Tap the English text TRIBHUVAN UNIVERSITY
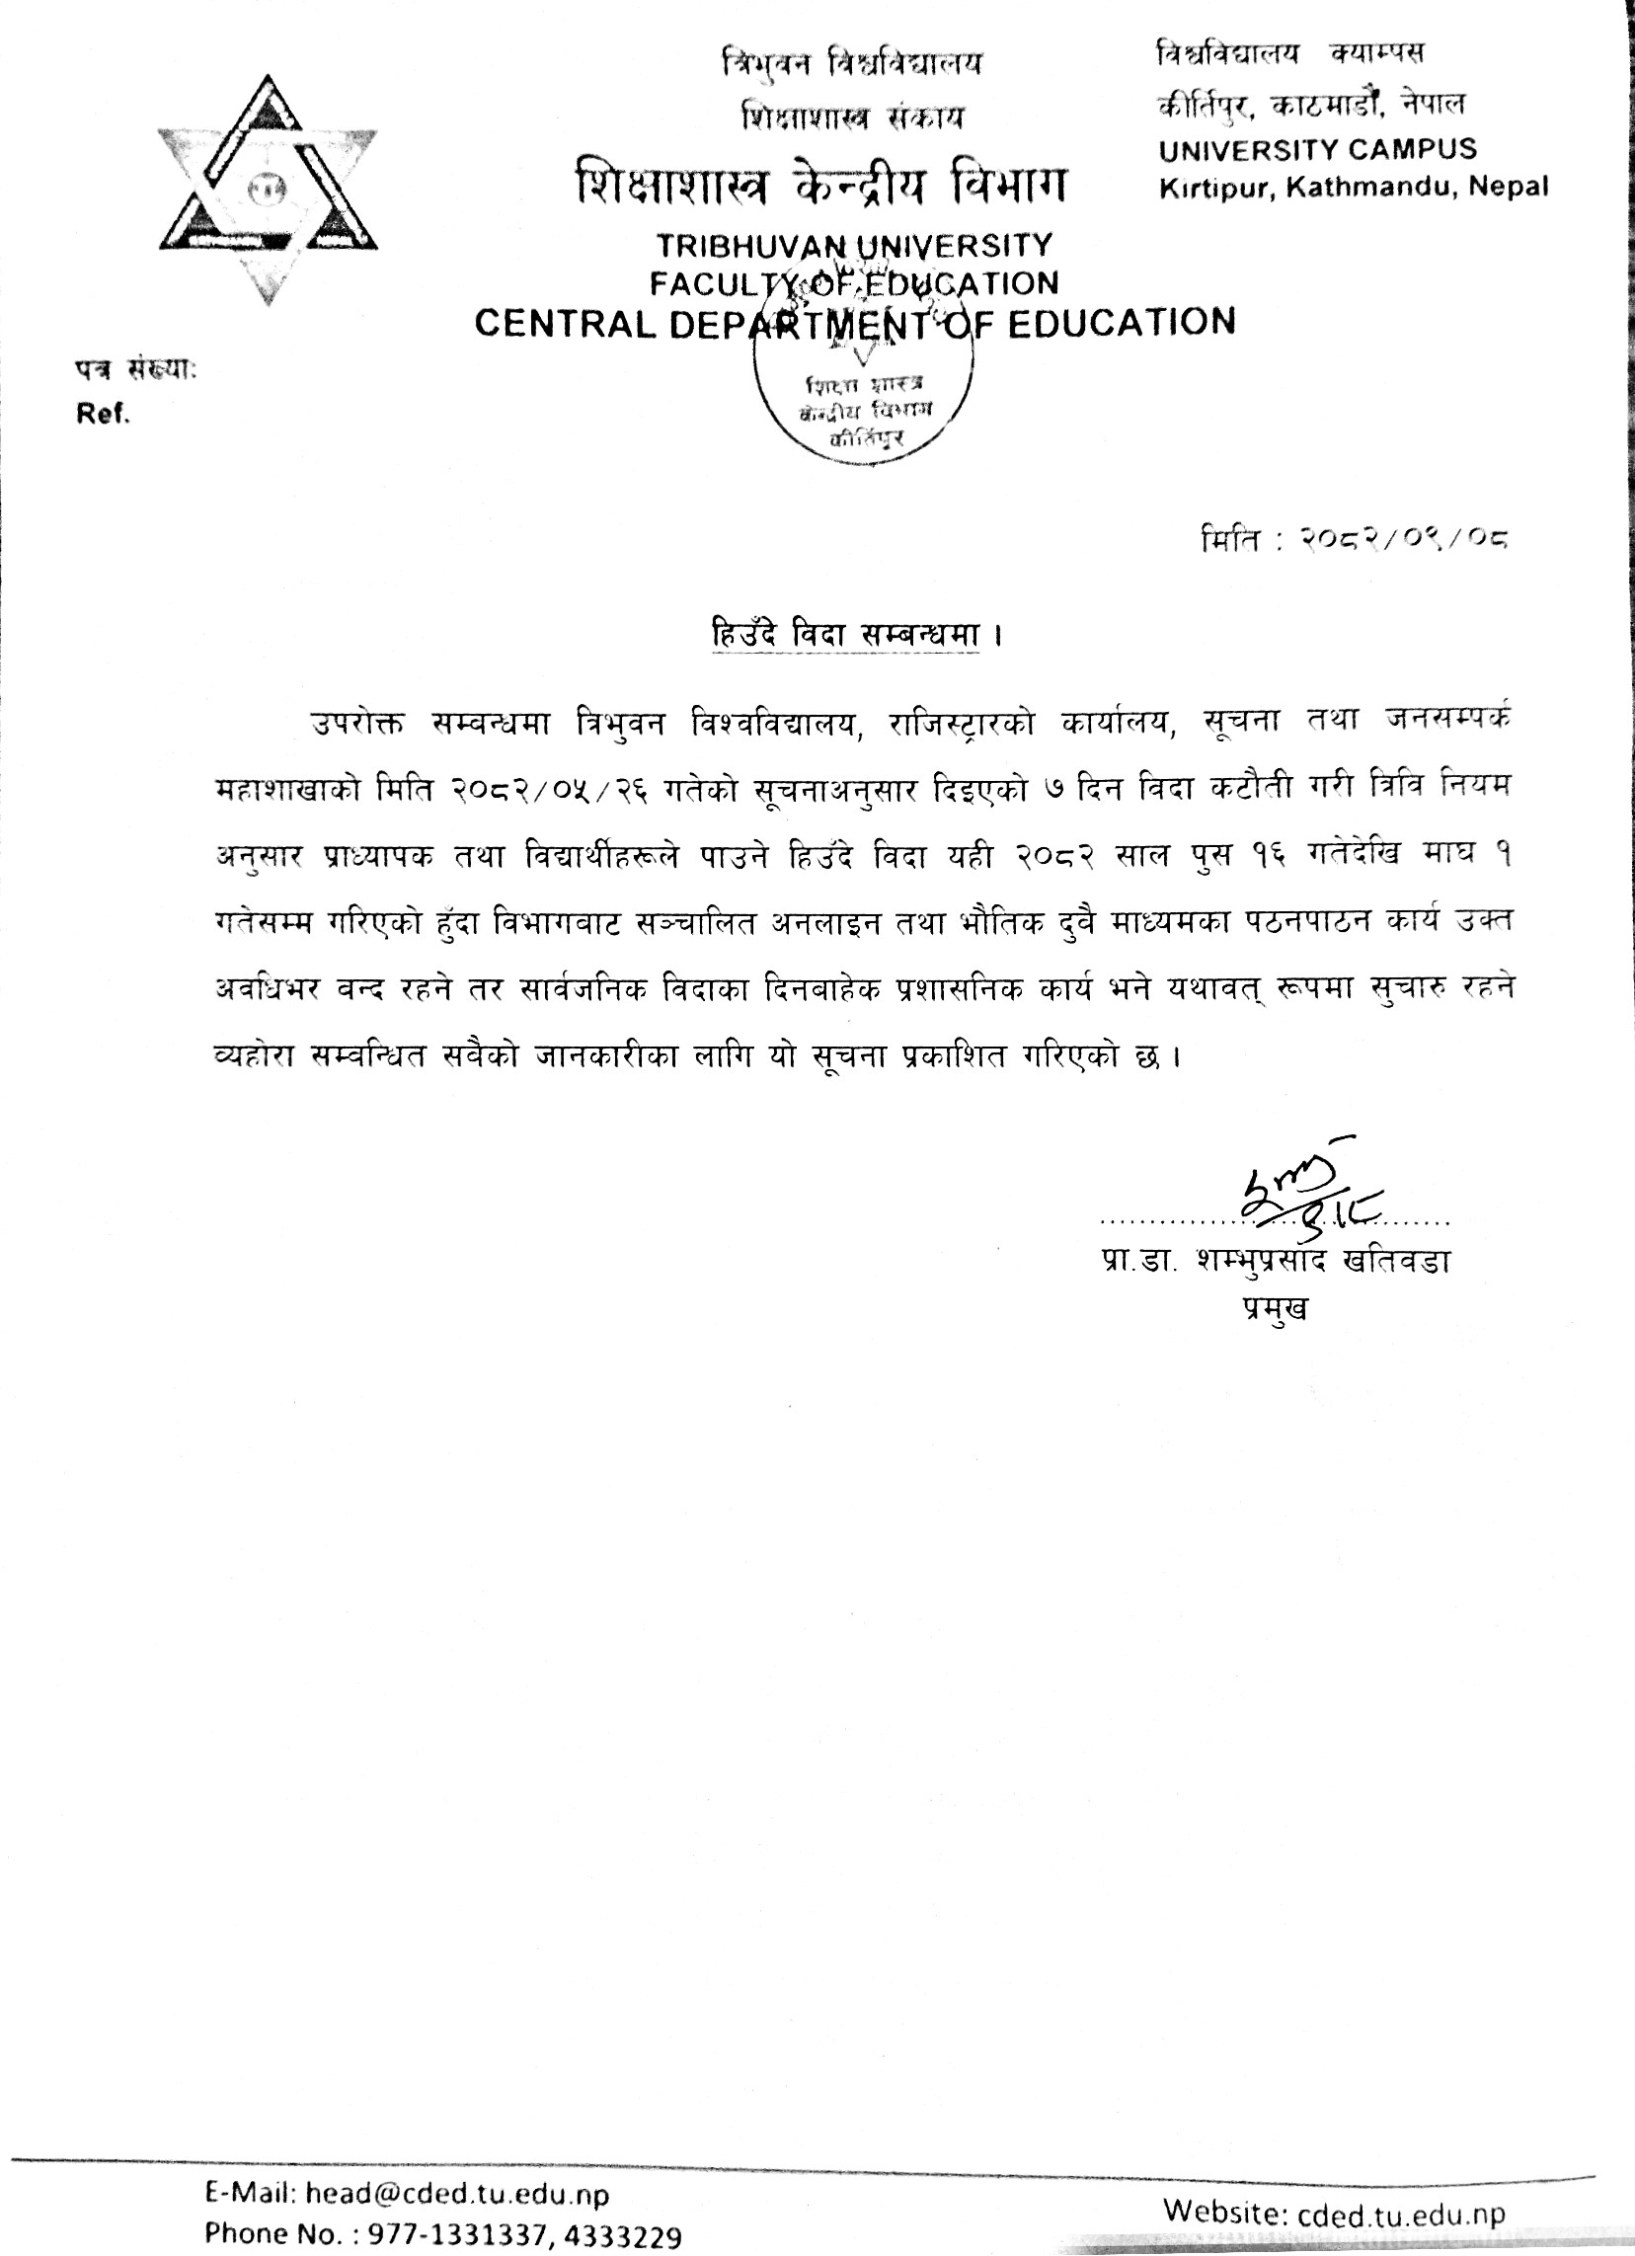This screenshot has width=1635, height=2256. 853,246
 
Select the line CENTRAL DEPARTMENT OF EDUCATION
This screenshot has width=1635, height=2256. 855,321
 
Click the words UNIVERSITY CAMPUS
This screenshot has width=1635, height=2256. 1317,150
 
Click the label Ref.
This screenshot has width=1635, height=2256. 104,416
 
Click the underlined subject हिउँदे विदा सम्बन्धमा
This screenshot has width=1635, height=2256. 841,634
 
